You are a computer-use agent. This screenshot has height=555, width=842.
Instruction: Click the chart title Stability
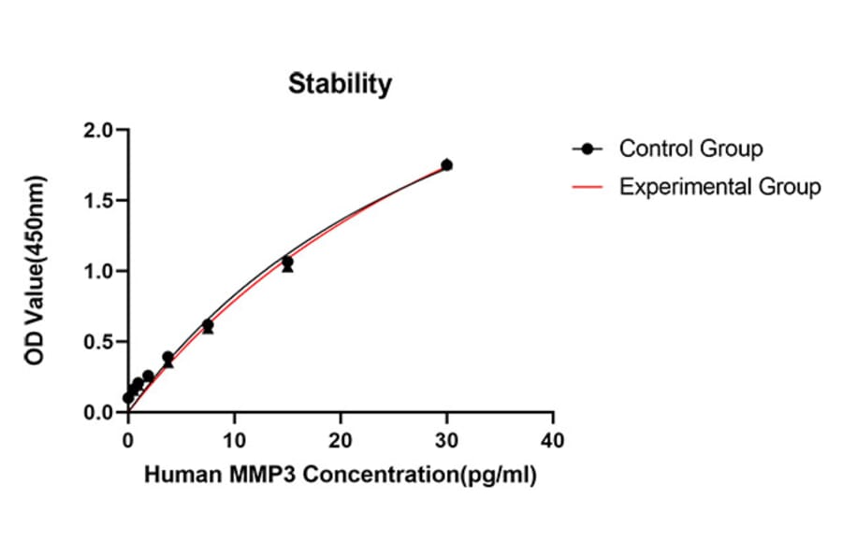[x=340, y=83]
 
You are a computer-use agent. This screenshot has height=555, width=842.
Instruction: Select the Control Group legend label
[x=690, y=148]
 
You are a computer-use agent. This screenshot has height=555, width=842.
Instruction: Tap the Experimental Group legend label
[x=719, y=186]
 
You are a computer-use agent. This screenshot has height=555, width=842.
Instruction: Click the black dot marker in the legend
[x=588, y=149]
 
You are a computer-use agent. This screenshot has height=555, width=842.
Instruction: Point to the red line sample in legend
[x=588, y=187]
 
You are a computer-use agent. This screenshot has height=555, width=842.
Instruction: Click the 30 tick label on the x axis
[x=447, y=439]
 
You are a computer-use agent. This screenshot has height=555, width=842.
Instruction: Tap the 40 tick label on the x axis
[x=553, y=439]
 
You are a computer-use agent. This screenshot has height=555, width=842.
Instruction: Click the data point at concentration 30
[x=447, y=164]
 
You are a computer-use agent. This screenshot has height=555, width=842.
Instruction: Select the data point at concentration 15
[x=287, y=263]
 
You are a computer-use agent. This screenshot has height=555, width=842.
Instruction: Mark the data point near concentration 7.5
[x=208, y=325]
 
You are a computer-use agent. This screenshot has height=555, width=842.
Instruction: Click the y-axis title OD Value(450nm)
[x=36, y=270]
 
